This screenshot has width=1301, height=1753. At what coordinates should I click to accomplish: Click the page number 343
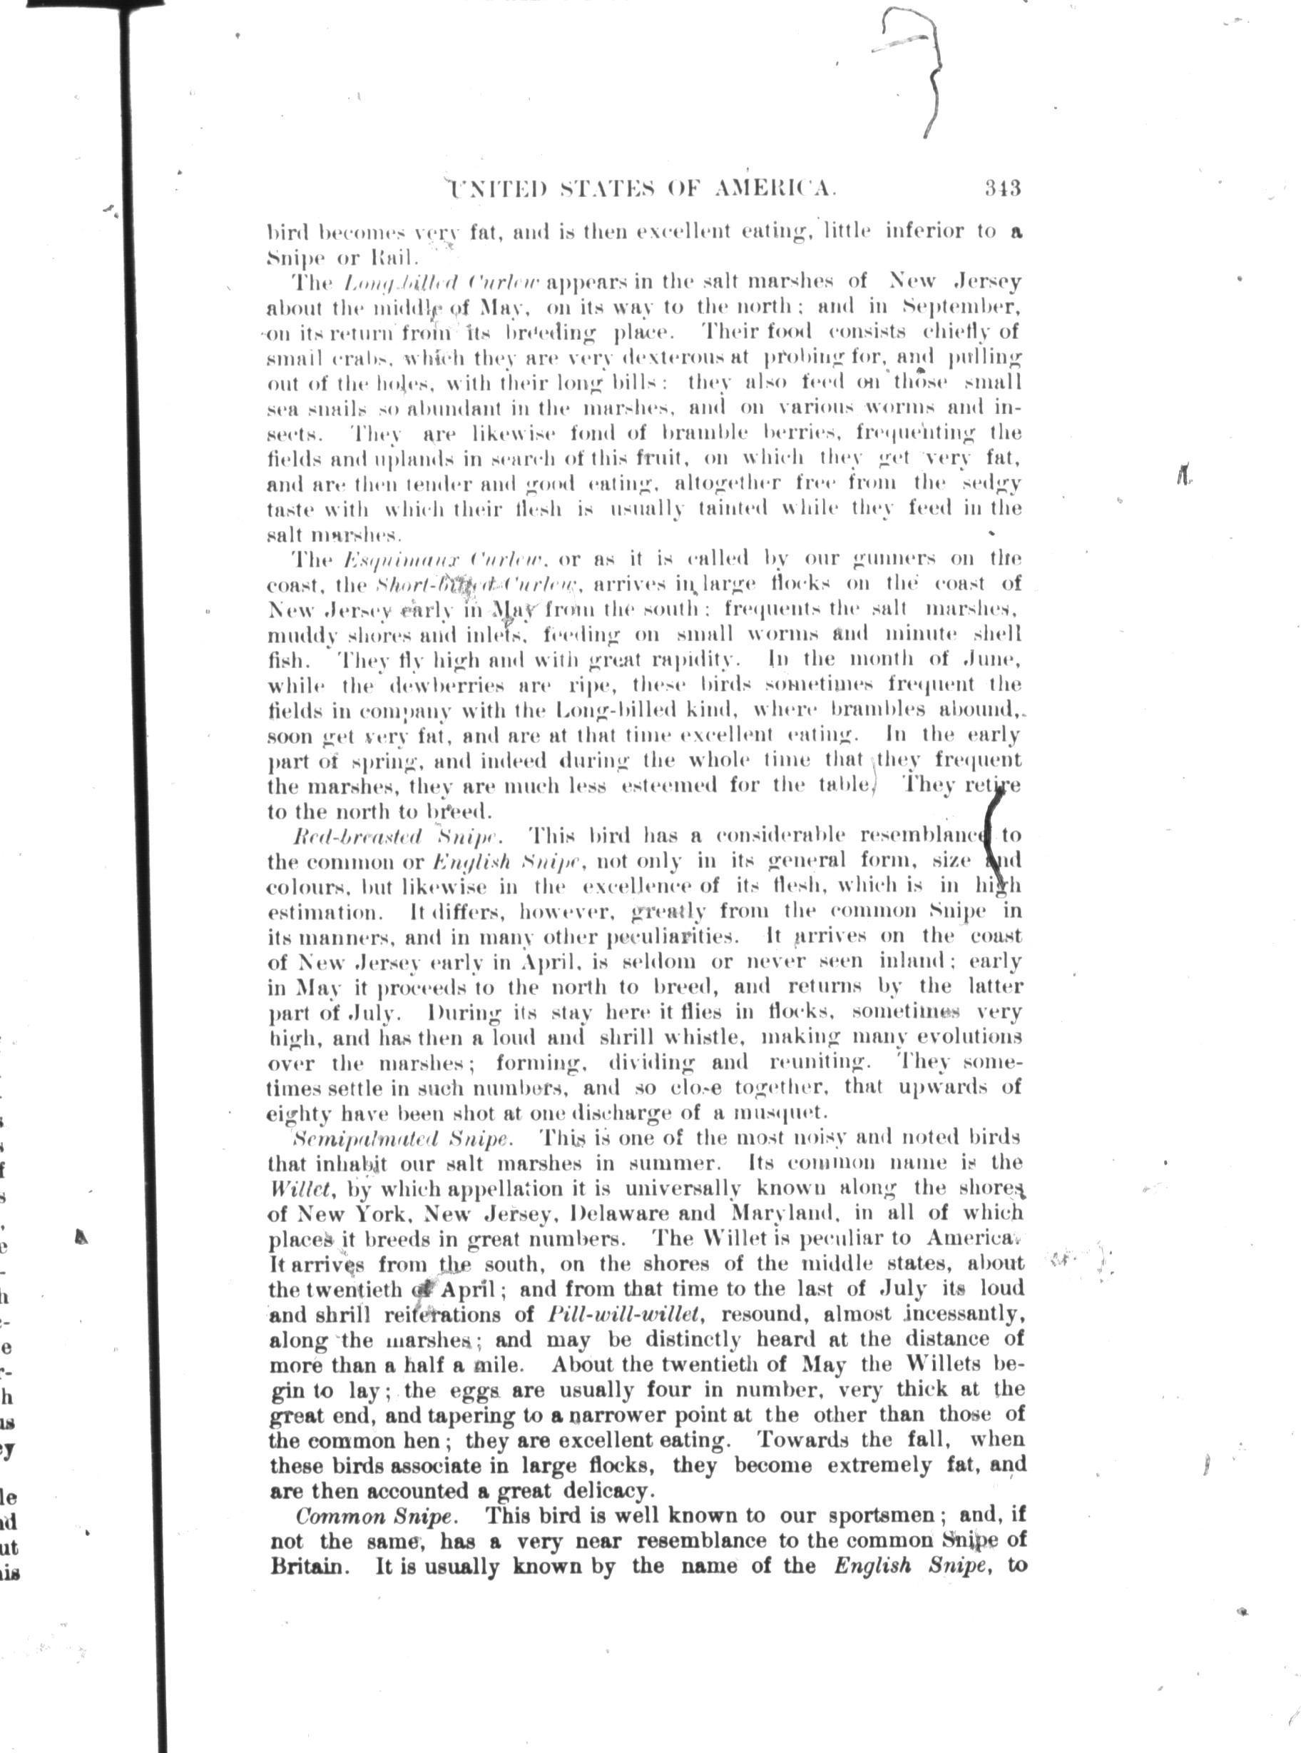1001,188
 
